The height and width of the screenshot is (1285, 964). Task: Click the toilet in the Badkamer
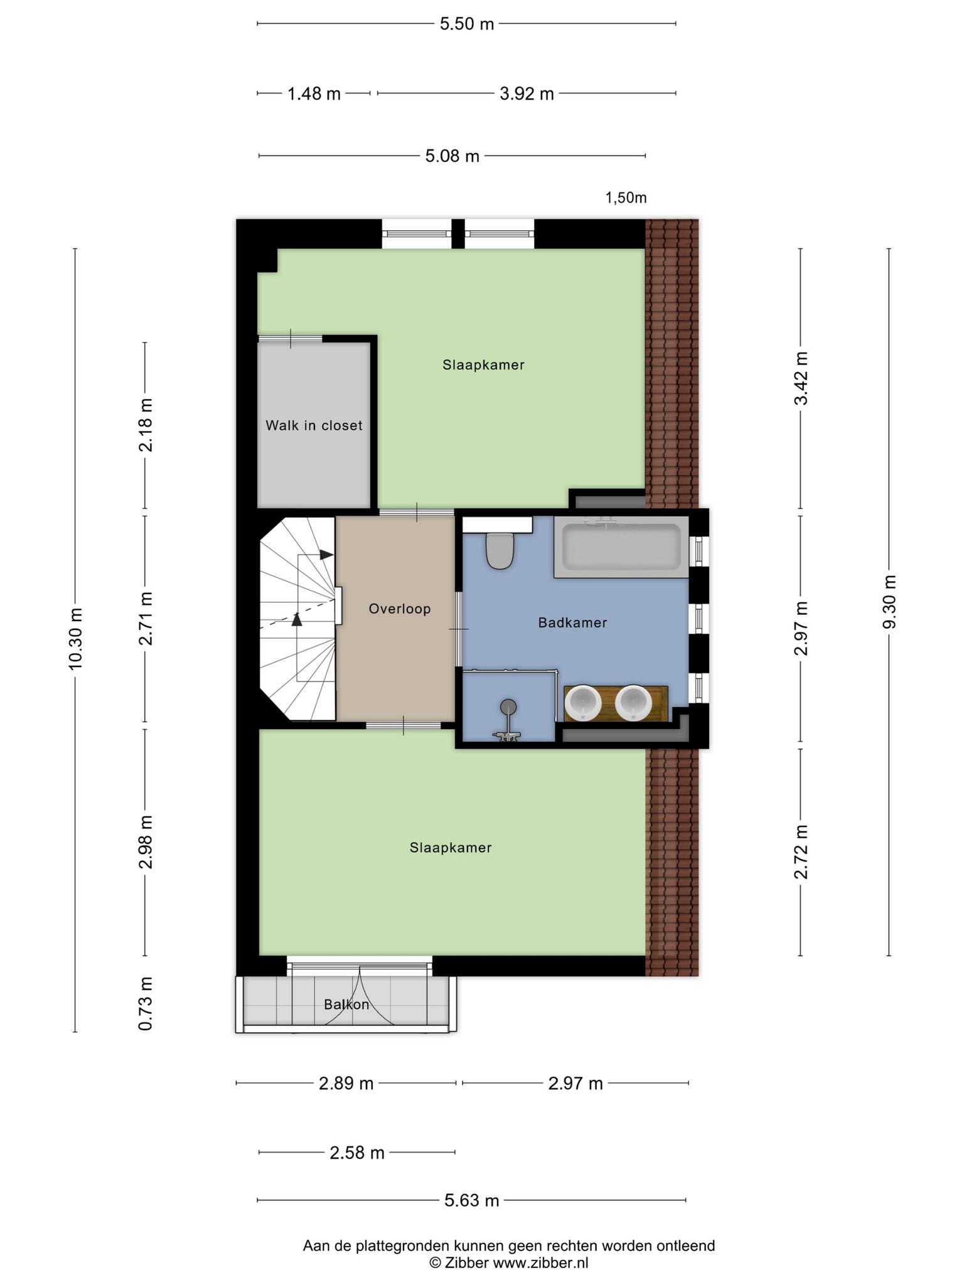click(x=500, y=550)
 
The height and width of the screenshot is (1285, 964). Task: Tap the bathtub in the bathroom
click(x=621, y=547)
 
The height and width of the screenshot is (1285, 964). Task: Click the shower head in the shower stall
click(x=509, y=707)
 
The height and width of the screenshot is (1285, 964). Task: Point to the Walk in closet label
click(x=314, y=425)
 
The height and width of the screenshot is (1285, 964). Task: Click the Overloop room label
click(x=400, y=609)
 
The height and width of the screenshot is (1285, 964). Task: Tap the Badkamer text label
click(x=573, y=622)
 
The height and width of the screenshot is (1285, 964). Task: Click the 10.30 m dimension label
click(x=76, y=639)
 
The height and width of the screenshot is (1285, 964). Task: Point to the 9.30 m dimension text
click(x=889, y=600)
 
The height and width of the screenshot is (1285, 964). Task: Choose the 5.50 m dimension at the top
click(x=467, y=24)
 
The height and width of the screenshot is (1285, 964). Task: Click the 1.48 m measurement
click(x=314, y=94)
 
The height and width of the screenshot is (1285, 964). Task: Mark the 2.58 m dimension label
click(x=357, y=1153)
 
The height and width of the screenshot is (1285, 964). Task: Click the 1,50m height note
click(x=626, y=198)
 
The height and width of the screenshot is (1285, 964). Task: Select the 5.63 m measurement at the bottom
click(x=472, y=1200)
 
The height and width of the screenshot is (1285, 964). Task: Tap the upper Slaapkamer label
click(x=483, y=365)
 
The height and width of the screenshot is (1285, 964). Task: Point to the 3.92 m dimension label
click(x=527, y=94)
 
